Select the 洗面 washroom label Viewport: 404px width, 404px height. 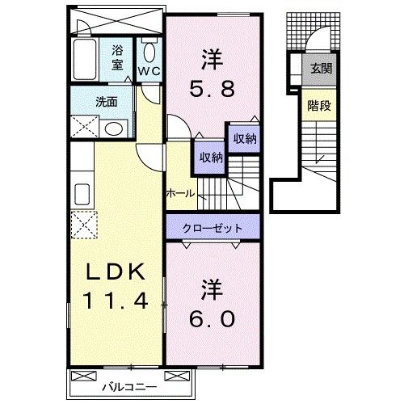(106, 102)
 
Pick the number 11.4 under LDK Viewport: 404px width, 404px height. (117, 303)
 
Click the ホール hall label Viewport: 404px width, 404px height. (179, 194)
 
